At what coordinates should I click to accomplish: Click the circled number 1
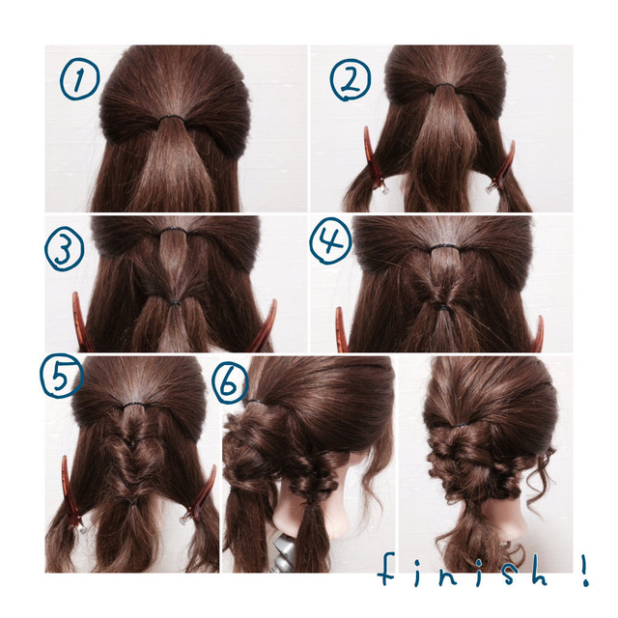coord(79,80)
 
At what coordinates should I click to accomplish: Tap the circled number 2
coord(350,80)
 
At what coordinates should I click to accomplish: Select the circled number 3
coord(64,250)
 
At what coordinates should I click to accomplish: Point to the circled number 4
coord(330,240)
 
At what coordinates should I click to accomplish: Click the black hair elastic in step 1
coord(172,118)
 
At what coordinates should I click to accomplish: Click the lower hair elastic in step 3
coord(174,302)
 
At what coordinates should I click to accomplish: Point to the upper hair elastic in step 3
coord(174,230)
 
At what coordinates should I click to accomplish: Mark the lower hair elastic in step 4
coord(443,307)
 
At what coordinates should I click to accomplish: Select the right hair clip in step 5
coord(200,495)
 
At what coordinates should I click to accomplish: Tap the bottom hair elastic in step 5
coord(132,502)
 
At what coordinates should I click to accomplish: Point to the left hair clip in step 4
coord(341,330)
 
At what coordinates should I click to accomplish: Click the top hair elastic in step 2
coord(444,85)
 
